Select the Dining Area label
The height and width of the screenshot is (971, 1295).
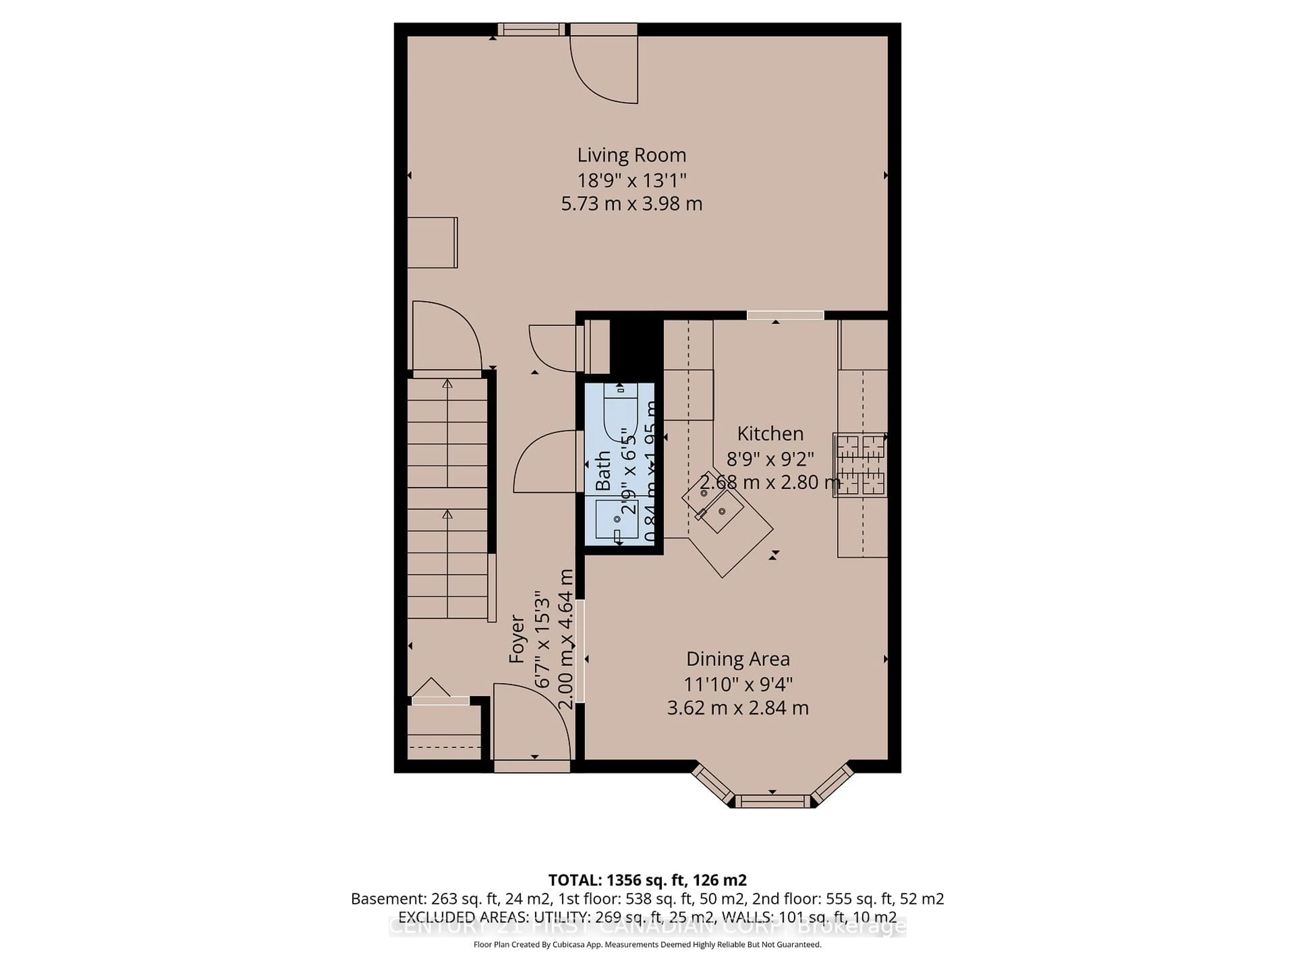click(x=738, y=659)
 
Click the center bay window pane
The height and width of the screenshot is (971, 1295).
click(x=772, y=801)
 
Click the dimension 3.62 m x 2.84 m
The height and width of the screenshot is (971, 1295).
click(x=738, y=708)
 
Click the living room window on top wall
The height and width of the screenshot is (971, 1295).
click(x=531, y=29)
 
